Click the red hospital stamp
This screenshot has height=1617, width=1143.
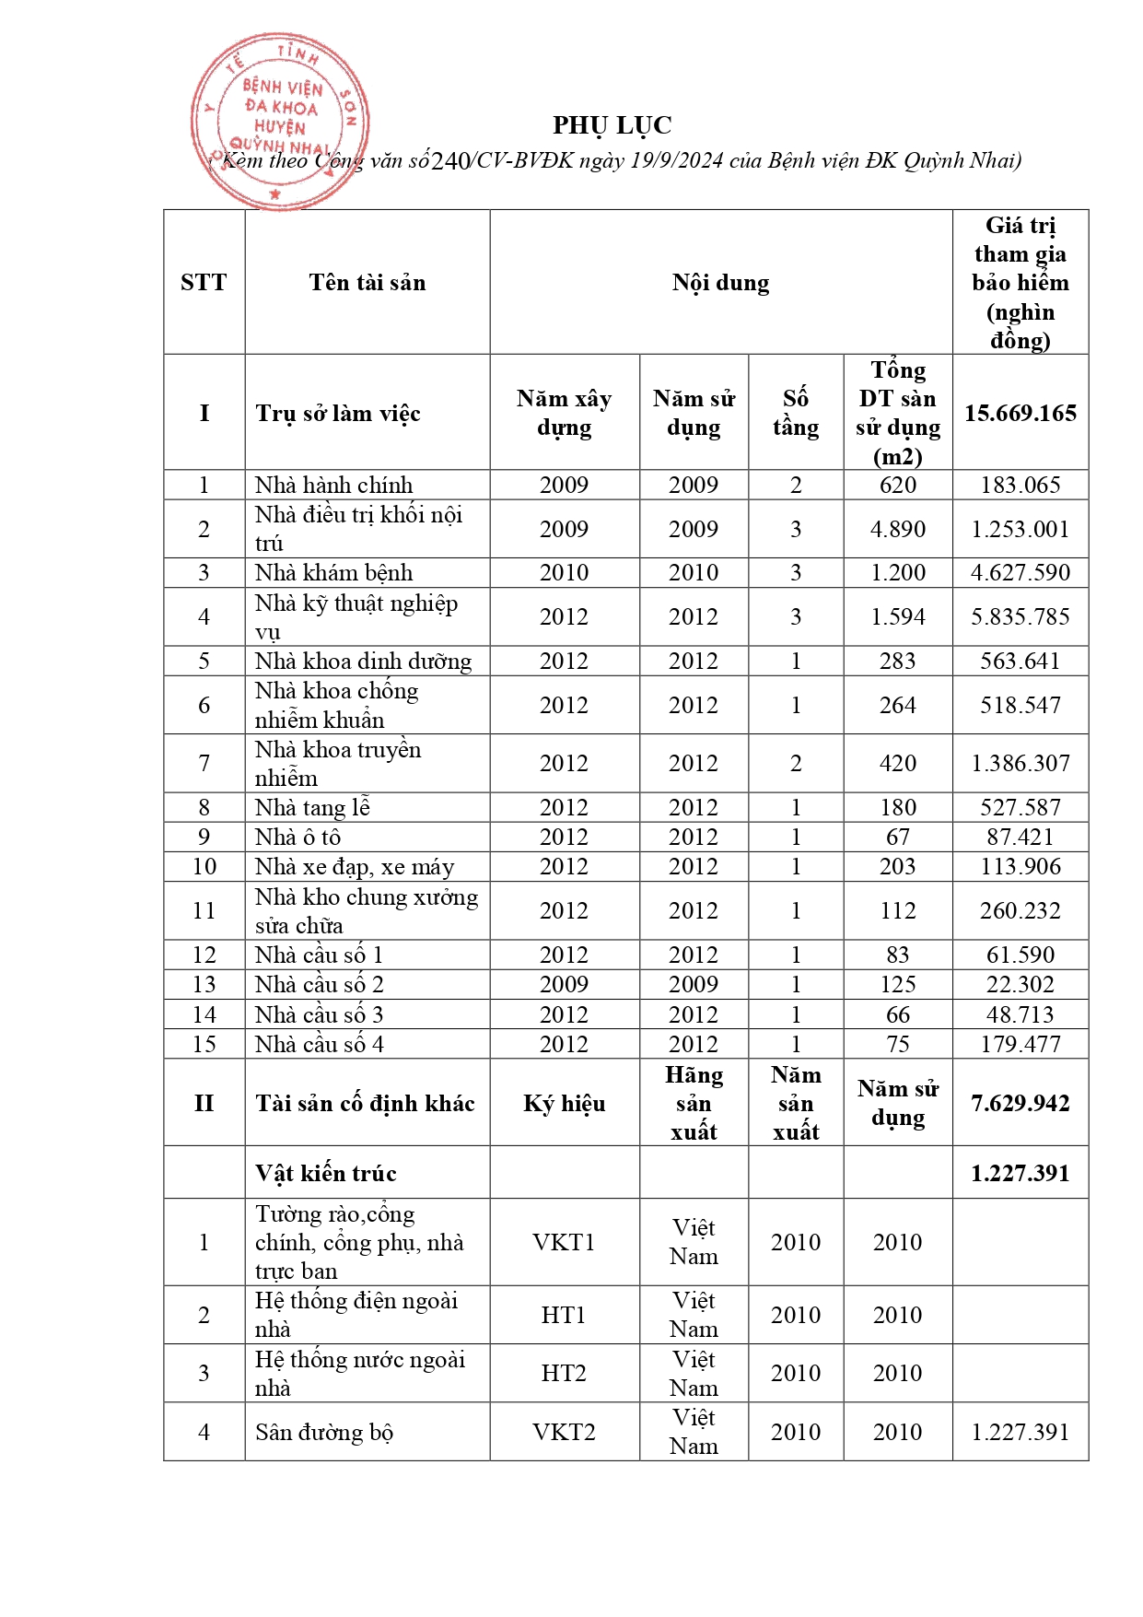click(x=279, y=121)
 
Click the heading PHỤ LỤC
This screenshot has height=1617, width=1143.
click(x=612, y=125)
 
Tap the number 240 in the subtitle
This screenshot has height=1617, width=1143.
click(x=450, y=161)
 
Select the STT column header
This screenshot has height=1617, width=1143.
click(x=204, y=282)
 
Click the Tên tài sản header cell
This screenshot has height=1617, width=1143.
click(x=367, y=282)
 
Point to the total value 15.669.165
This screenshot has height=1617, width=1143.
click(x=1020, y=413)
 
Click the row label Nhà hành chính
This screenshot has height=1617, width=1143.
click(x=333, y=485)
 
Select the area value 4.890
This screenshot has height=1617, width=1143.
click(x=897, y=529)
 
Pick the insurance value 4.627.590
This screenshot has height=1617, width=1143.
click(x=1020, y=572)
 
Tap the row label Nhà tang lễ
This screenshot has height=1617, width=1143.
click(x=312, y=807)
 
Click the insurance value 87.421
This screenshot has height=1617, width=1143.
click(x=1020, y=837)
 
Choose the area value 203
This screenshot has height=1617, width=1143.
click(x=897, y=866)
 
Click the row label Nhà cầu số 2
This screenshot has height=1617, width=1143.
click(x=319, y=984)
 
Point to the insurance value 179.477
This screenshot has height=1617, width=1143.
click(x=1020, y=1044)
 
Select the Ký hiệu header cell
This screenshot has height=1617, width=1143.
click(x=564, y=1103)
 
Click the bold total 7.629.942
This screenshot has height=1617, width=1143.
click(x=1020, y=1103)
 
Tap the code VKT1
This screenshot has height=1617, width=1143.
click(x=564, y=1242)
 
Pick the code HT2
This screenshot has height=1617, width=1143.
click(x=564, y=1373)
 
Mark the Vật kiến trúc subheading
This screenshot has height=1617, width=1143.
click(x=325, y=1173)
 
